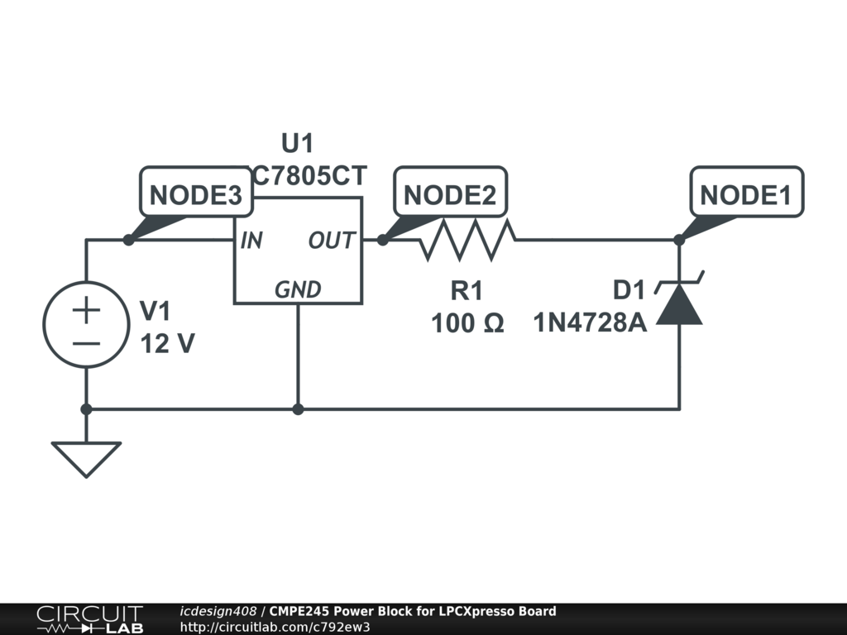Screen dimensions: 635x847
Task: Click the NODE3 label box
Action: pyautogui.click(x=195, y=195)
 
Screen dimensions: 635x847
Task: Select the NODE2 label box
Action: pyautogui.click(x=450, y=195)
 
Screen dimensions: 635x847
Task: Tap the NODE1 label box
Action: pyautogui.click(x=746, y=195)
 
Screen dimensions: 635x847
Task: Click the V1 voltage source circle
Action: pyautogui.click(x=86, y=324)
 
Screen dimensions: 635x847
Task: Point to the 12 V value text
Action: pyautogui.click(x=168, y=343)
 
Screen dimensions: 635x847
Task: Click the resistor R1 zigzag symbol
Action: pyautogui.click(x=468, y=240)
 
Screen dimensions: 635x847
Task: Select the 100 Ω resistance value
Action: pyautogui.click(x=467, y=323)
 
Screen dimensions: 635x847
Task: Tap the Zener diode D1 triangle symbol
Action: pyautogui.click(x=679, y=303)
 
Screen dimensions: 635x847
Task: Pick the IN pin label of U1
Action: pyautogui.click(x=251, y=241)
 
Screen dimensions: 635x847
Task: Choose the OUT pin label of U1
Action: pyautogui.click(x=332, y=241)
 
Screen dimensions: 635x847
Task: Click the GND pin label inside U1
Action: pyautogui.click(x=298, y=289)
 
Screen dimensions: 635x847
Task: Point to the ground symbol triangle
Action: pyautogui.click(x=86, y=458)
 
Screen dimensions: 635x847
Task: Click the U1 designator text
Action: pyautogui.click(x=298, y=144)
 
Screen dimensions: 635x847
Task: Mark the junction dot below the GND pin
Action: pyautogui.click(x=298, y=408)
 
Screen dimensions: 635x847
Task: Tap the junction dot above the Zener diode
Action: pyautogui.click(x=679, y=240)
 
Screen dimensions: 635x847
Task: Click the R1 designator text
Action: pyautogui.click(x=467, y=291)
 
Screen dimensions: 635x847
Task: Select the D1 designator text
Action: pyautogui.click(x=629, y=291)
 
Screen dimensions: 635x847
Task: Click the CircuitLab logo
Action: pyautogui.click(x=89, y=619)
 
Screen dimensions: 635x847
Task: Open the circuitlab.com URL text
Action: pyautogui.click(x=275, y=627)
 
